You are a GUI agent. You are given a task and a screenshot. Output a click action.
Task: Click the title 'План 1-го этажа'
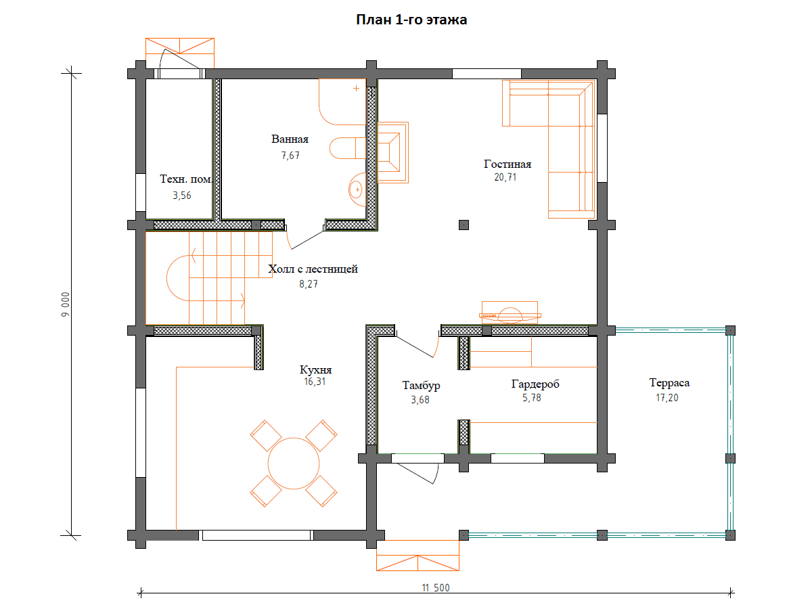click(411, 20)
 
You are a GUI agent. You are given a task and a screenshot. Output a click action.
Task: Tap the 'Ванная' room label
click(290, 139)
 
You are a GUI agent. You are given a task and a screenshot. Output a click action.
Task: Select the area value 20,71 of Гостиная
click(505, 177)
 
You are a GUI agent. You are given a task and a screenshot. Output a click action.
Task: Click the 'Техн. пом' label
click(185, 179)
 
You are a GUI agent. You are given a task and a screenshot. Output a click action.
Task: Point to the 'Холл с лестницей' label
click(313, 269)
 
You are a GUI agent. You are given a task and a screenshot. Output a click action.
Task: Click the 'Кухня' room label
click(315, 369)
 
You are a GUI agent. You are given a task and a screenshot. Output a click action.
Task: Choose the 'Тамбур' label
click(421, 385)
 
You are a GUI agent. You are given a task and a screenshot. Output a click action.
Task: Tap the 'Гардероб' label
click(535, 384)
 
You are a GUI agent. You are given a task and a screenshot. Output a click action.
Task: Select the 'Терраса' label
click(669, 383)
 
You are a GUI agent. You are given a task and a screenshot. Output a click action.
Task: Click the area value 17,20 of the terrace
click(667, 397)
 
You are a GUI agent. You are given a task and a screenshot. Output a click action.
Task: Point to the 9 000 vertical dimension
click(65, 304)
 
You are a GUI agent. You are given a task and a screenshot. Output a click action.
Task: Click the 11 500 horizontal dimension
click(436, 587)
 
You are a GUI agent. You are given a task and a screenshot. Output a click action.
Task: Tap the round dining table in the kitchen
click(294, 464)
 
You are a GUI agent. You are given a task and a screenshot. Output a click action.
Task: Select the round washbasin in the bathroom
click(357, 189)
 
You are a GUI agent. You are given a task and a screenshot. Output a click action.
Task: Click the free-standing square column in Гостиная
click(464, 225)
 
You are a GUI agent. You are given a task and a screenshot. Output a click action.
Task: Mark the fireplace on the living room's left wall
click(392, 152)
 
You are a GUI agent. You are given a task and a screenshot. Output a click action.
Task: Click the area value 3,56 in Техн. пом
click(181, 196)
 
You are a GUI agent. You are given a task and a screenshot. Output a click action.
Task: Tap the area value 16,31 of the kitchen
click(315, 381)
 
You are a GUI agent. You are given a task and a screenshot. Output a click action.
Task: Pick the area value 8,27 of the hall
click(309, 284)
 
